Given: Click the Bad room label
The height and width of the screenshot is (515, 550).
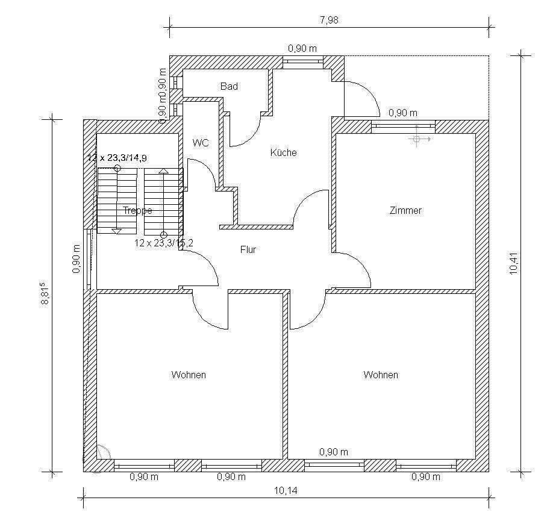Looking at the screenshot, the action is [x=229, y=87].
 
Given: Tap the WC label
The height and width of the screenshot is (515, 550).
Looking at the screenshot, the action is [x=201, y=143].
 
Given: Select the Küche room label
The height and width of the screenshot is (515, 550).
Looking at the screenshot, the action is [x=283, y=152].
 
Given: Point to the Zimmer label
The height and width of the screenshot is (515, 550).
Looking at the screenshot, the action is [x=405, y=211].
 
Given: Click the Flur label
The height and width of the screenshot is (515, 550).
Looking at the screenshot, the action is [x=248, y=249].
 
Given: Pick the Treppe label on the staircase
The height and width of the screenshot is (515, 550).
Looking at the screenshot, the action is [x=137, y=211].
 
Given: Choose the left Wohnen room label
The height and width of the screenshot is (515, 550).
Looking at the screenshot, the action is [x=189, y=375].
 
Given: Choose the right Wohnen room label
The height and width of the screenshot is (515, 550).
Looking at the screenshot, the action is [x=381, y=375].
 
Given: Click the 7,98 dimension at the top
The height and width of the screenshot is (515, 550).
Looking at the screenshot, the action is [x=329, y=20].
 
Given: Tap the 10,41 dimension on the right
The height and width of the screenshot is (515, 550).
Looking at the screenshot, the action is [x=513, y=263].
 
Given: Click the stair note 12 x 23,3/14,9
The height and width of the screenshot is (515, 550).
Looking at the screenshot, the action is [x=117, y=158].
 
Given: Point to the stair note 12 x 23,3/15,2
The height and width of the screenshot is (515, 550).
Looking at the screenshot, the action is [x=163, y=243].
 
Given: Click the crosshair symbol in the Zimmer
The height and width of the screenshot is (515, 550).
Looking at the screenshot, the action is [x=416, y=139].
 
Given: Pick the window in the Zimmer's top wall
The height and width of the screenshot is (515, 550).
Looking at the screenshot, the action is [x=403, y=126].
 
